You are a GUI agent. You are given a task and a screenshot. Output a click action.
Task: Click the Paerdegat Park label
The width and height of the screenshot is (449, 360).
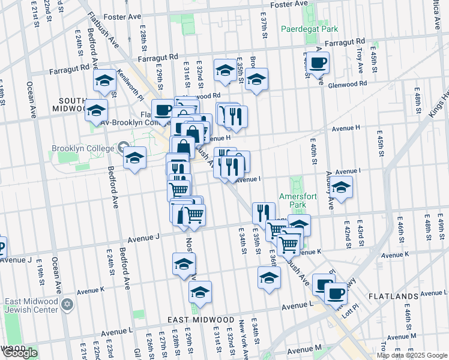coord(310,29)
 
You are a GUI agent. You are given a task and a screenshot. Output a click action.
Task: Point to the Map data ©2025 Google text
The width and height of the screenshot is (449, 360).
coord(412,355)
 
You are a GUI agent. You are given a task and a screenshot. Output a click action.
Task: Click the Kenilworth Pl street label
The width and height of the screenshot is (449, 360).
coord(130,83)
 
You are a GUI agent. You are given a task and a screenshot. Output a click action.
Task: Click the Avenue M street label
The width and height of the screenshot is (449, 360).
coord(304,350)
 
